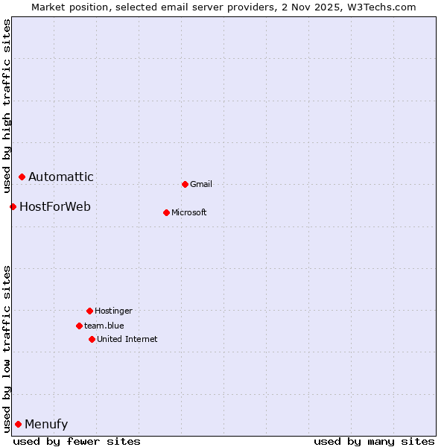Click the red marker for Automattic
click(22, 177)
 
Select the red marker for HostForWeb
click(13, 206)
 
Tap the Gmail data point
click(185, 184)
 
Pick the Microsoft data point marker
click(166, 212)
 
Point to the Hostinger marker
click(89, 311)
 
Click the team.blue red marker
click(79, 326)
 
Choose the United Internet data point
click(92, 339)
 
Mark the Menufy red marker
click(18, 424)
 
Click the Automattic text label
click(61, 177)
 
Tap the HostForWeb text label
click(55, 206)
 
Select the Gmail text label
click(201, 184)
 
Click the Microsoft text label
click(189, 212)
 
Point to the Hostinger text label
click(113, 311)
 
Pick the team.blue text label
click(104, 326)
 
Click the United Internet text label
click(127, 339)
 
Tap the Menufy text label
click(46, 424)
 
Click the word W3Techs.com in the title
click(385, 7)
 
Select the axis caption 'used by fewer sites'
click(77, 441)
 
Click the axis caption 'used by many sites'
click(374, 441)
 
